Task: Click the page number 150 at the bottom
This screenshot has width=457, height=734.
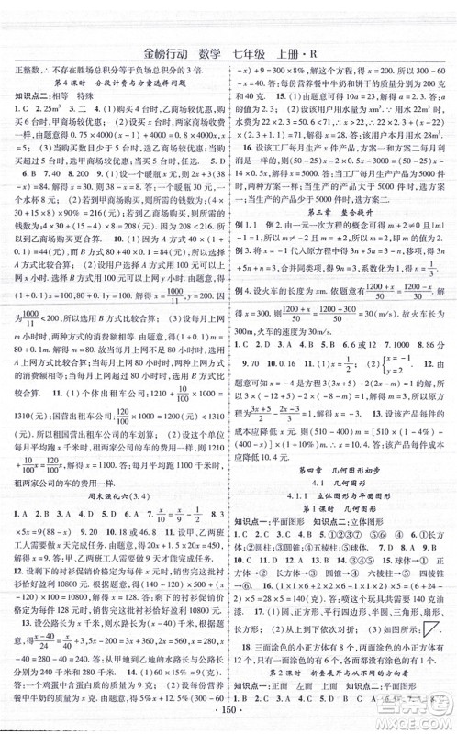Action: (228, 716)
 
